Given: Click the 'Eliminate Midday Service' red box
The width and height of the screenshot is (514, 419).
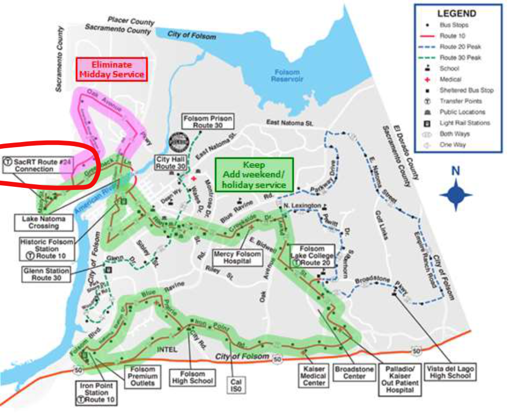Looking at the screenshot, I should pos(112,69).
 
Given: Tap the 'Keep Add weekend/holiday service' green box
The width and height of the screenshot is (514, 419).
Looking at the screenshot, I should pos(254,175).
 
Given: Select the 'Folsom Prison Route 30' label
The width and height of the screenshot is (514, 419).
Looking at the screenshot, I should pos(208,121).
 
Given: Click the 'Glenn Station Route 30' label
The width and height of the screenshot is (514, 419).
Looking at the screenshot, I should pos(46,274).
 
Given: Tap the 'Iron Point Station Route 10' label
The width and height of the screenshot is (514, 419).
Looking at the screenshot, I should pos(96,393).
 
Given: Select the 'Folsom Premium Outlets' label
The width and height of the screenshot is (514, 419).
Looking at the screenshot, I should pos(142,376).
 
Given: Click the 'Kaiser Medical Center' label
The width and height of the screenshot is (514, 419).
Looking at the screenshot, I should pos(314,376).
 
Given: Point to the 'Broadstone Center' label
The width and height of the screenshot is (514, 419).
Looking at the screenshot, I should pos(354,372).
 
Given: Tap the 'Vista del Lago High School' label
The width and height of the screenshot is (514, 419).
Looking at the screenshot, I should pos(451,372).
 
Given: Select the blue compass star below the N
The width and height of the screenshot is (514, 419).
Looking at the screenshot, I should pos(456,194).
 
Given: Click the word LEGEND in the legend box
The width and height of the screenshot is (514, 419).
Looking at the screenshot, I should pos(456,14).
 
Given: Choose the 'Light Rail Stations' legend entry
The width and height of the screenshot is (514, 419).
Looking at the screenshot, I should pos(465,123).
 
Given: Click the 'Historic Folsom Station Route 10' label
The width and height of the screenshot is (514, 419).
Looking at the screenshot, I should pos(47,248).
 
